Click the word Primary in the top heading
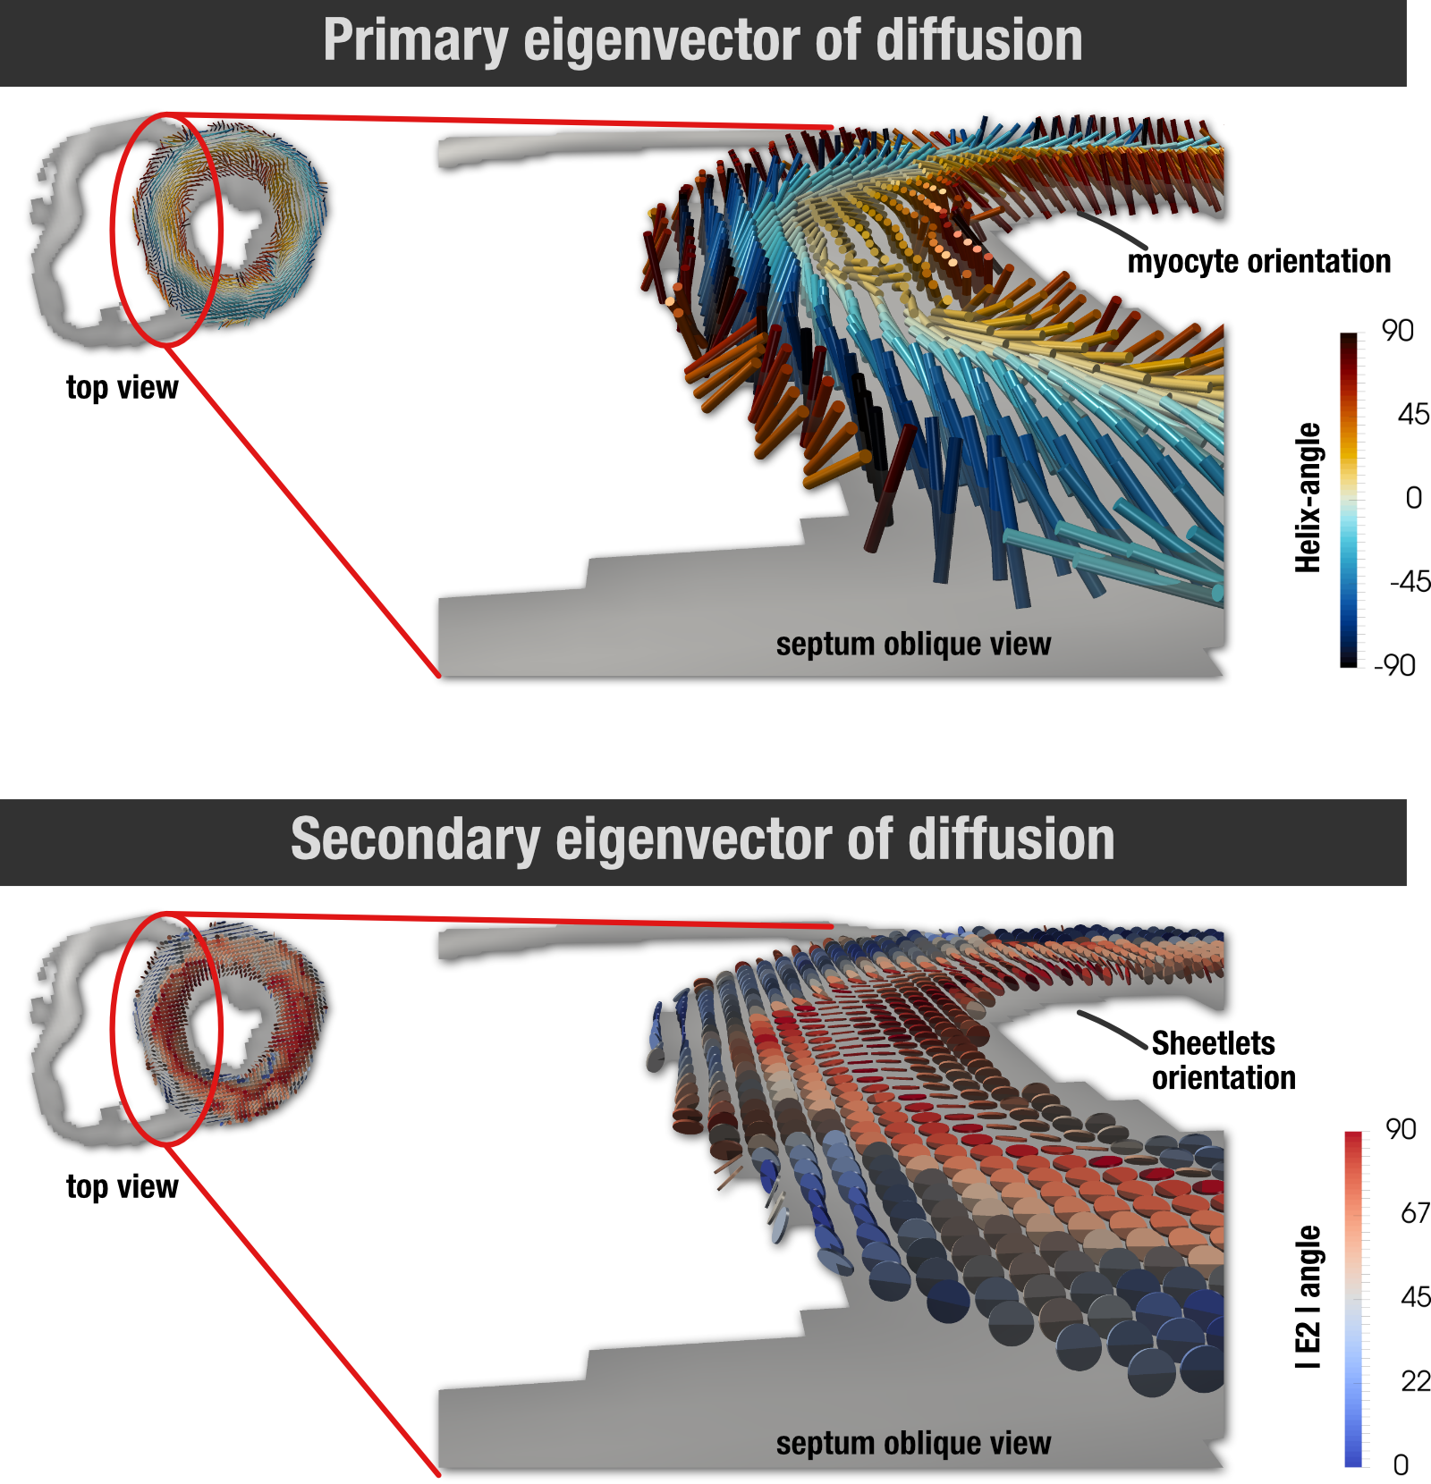coord(415,41)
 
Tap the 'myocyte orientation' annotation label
coord(1258,261)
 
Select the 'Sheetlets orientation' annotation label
coord(1222,1060)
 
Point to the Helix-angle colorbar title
coord(1308,497)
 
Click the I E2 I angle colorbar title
coord(1308,1296)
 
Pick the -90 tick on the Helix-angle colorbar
coord(1395,665)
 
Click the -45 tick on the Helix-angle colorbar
coord(1410,582)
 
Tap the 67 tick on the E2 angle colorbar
coord(1415,1213)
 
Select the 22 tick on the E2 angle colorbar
coord(1415,1381)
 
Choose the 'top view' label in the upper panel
coord(122,388)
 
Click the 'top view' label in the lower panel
coord(122,1187)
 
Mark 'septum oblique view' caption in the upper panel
coord(913,644)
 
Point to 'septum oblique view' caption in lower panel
coord(913,1443)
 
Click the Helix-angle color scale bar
coord(1348,499)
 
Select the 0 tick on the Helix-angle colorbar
coord(1413,498)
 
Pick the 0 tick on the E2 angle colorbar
coord(1401,1464)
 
